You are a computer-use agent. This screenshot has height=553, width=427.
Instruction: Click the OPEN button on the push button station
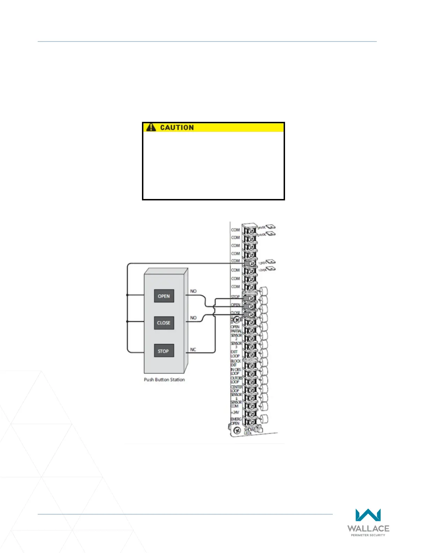pos(164,296)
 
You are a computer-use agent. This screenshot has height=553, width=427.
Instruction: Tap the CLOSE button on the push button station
pos(164,323)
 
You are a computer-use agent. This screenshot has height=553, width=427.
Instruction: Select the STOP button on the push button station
pos(163,351)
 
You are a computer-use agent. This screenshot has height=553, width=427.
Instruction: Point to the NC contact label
pos(193,349)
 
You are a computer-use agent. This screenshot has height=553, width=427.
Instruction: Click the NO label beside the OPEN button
pos(193,291)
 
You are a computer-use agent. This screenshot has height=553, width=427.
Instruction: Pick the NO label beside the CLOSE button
pos(193,318)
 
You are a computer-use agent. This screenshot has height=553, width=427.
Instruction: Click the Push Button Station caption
pos(164,379)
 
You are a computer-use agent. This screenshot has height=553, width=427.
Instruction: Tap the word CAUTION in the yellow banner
pos(177,128)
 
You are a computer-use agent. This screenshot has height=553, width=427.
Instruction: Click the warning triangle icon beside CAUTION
pos(151,127)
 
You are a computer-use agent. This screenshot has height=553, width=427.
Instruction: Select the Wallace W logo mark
pos(368,515)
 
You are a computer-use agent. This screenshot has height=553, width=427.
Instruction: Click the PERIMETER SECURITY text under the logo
pos(368,535)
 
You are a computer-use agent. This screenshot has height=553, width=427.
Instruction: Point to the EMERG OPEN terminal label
pos(236,421)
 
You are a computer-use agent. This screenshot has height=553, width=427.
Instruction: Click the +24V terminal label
pos(235,412)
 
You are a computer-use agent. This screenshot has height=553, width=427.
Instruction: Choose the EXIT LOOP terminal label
pos(235,354)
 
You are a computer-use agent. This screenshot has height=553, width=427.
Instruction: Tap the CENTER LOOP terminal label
pos(235,389)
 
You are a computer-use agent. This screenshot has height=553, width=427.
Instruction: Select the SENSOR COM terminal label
pos(236,404)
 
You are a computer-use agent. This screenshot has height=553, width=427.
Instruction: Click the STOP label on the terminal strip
pos(235,297)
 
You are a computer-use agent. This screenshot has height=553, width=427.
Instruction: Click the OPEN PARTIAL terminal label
pos(236,329)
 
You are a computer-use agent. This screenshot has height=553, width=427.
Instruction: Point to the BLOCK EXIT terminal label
pos(235,363)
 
